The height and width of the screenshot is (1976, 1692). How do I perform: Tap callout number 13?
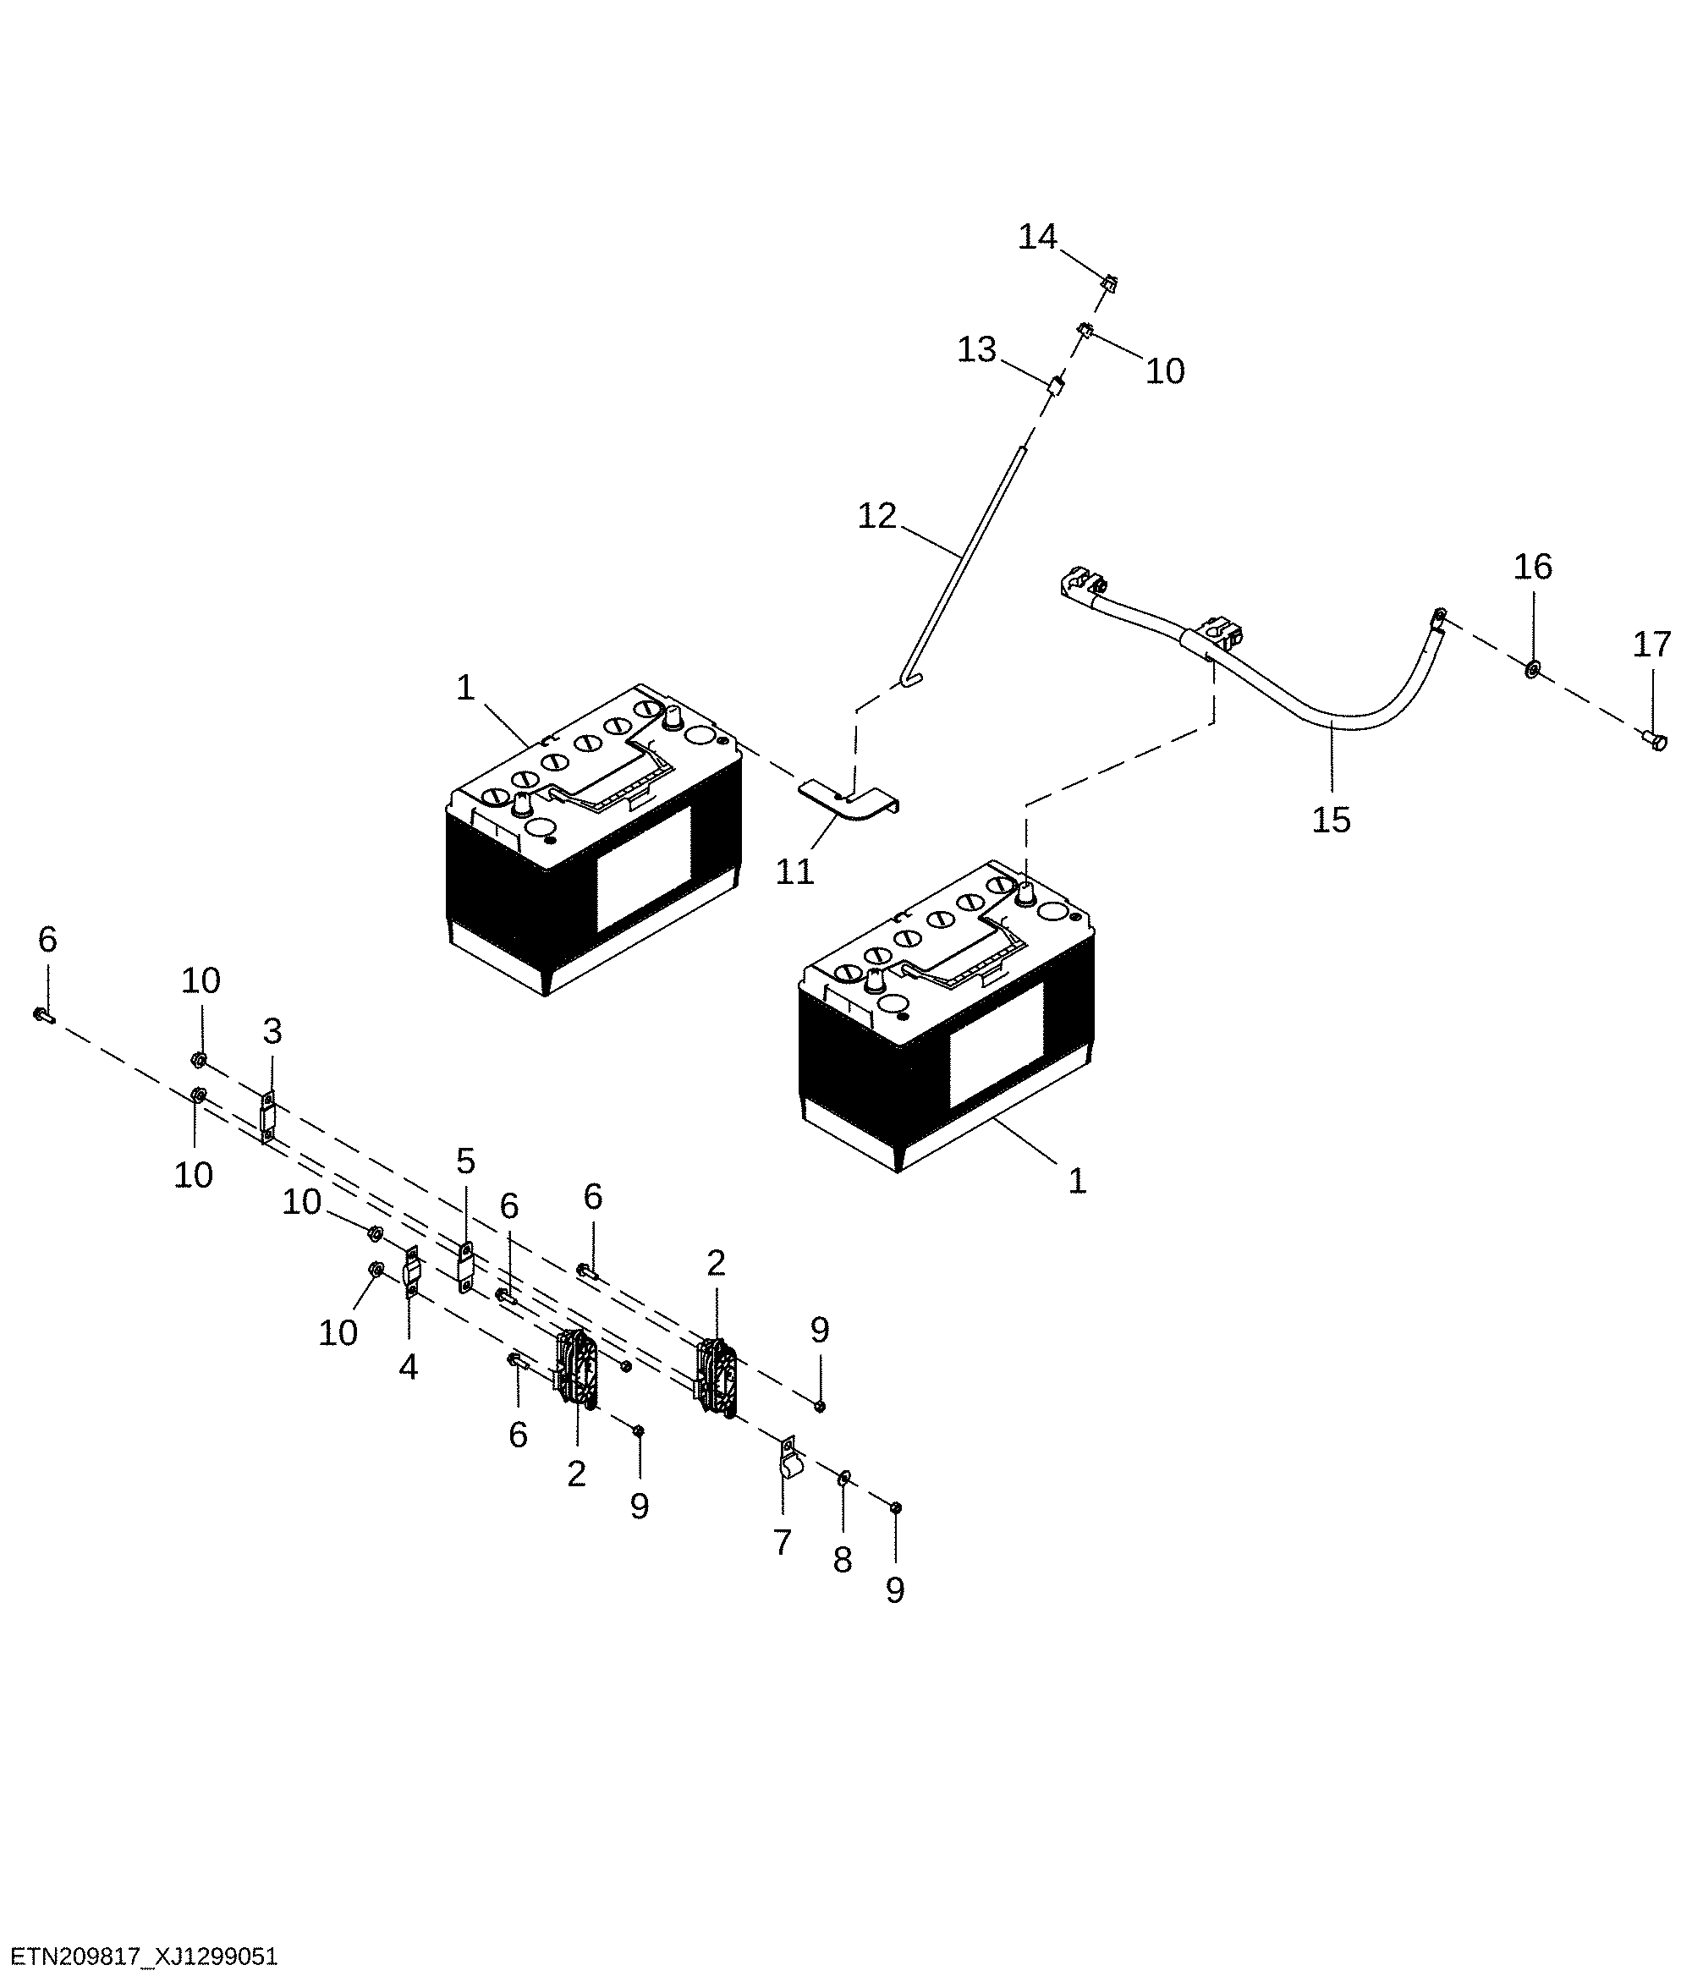coord(976,350)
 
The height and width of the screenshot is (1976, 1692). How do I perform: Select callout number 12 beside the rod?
coord(876,516)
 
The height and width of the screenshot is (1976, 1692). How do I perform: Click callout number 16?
coord(1533,567)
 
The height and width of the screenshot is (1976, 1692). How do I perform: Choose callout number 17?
coord(1651,645)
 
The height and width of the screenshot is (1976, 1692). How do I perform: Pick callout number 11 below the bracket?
coord(794,870)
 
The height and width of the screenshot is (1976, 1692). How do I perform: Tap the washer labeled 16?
coord(1530,667)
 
